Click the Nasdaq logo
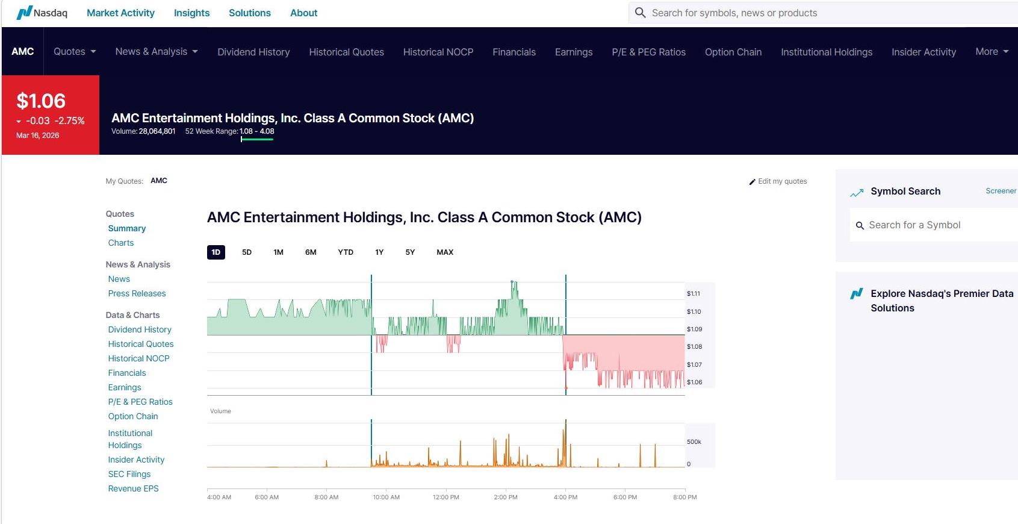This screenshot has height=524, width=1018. point(42,13)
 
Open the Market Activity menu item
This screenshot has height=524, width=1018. point(120,13)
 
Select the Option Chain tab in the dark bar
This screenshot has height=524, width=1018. point(733,52)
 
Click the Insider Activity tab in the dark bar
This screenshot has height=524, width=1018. point(923,52)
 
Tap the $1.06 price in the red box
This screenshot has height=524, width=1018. point(41,101)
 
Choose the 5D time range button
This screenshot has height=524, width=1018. point(247,252)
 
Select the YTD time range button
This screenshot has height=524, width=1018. point(346,252)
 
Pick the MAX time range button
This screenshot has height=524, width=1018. point(445,252)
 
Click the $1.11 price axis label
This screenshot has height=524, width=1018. point(694,294)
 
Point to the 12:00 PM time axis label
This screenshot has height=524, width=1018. point(446,497)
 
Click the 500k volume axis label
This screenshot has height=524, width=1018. point(694,442)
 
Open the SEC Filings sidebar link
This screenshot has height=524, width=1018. point(129,474)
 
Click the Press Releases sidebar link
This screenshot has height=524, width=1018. point(137,293)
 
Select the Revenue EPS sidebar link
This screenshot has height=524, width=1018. point(133,488)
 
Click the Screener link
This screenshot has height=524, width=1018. point(1001,191)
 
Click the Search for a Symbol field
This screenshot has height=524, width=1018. point(933,225)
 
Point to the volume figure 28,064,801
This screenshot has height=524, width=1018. point(157,131)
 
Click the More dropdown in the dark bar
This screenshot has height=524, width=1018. point(992,52)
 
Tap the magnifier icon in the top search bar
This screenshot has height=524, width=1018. point(640,13)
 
